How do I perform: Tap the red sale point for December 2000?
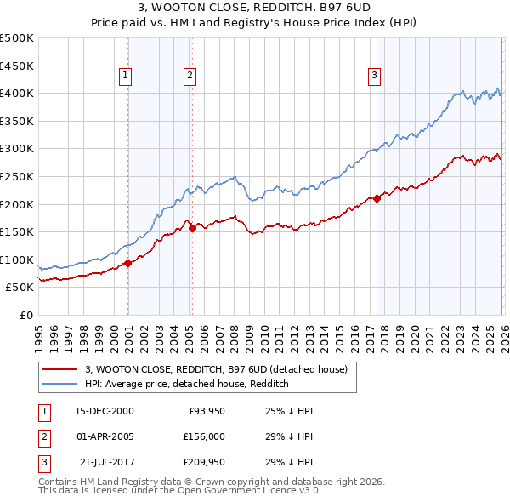click(x=127, y=263)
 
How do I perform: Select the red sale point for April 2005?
click(x=192, y=228)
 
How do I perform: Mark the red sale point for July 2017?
click(x=377, y=198)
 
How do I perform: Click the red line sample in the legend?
click(x=60, y=370)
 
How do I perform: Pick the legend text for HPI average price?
click(x=187, y=385)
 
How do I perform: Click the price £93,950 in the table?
click(x=204, y=411)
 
